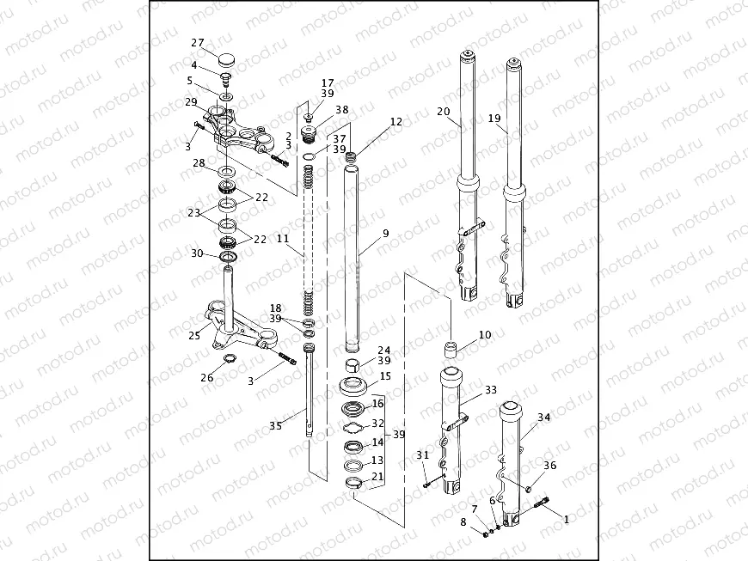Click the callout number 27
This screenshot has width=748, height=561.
click(x=197, y=43)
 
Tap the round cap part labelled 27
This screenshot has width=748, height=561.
click(x=227, y=60)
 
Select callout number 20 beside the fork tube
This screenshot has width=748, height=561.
click(x=443, y=112)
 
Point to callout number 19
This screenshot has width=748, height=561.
click(x=494, y=118)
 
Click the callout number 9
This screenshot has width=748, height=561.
click(x=385, y=233)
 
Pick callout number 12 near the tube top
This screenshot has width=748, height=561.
click(x=395, y=123)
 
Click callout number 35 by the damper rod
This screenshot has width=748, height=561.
click(x=274, y=425)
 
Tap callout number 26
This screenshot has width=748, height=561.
click(x=206, y=377)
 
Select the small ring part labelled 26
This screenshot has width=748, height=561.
click(x=230, y=357)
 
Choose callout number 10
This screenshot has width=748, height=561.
click(x=485, y=334)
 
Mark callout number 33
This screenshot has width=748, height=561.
click(x=490, y=389)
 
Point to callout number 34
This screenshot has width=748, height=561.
click(x=543, y=418)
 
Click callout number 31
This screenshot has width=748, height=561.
click(x=421, y=454)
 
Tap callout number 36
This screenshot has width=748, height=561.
click(x=549, y=465)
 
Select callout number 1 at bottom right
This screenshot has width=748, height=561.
click(x=566, y=519)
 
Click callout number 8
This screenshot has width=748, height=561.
click(x=463, y=521)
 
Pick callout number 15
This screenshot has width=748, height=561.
click(x=384, y=376)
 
